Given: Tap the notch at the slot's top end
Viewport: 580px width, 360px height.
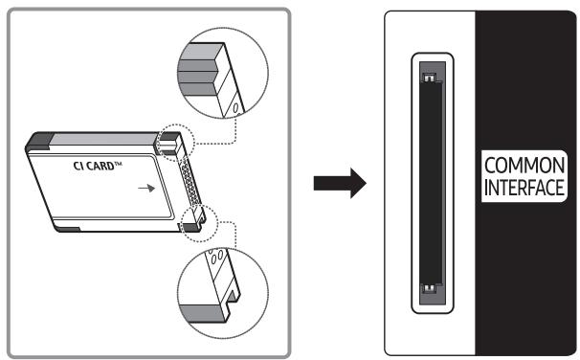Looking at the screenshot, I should [x=430, y=79].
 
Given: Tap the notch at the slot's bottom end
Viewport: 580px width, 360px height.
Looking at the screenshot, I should [x=430, y=287].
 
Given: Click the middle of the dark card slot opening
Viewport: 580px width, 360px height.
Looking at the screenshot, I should [x=430, y=182].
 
